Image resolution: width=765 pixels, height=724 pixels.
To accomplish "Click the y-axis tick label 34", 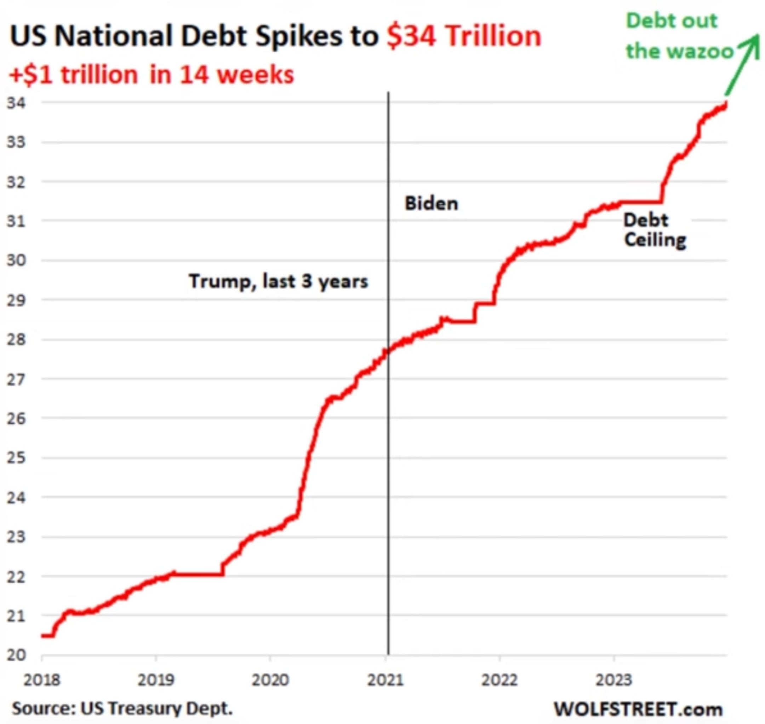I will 16,103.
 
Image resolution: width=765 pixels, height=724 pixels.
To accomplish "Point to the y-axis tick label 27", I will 16,380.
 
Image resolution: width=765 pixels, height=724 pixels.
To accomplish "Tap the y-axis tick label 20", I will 16,655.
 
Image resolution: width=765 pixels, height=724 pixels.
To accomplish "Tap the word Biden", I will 431,203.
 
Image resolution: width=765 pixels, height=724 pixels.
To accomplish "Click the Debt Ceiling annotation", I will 655,230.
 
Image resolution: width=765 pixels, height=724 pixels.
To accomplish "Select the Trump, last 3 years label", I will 278,281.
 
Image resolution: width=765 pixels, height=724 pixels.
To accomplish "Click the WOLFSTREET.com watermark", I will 638,708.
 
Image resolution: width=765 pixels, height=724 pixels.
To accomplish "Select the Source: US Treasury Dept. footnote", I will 122,708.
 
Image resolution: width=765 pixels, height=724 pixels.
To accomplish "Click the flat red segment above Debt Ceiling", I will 641,202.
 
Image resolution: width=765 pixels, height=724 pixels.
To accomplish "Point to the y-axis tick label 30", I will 16,261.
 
